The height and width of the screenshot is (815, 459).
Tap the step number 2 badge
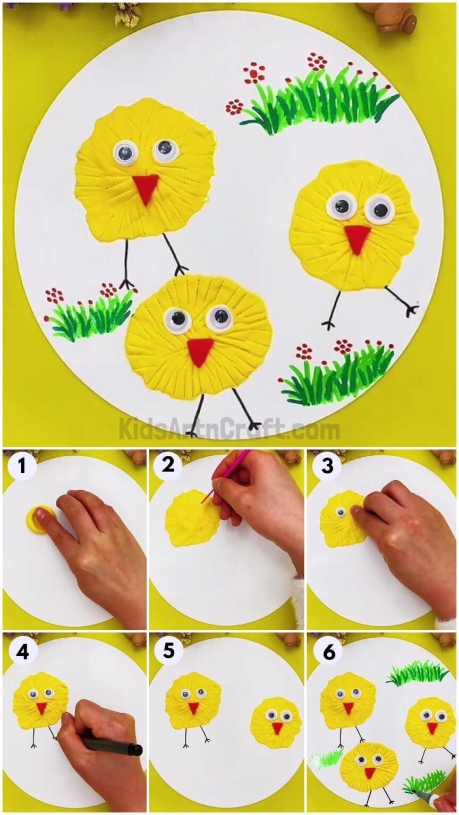coord(168,465)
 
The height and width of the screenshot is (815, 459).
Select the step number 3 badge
coord(327,466)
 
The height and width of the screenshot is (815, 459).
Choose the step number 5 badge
coord(168,651)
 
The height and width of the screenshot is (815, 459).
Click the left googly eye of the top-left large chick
coord(126,153)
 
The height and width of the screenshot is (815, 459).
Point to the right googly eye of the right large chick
coord(380,210)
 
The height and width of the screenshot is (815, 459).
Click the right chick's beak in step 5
coord(276,727)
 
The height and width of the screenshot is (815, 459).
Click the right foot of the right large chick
coord(409,307)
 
